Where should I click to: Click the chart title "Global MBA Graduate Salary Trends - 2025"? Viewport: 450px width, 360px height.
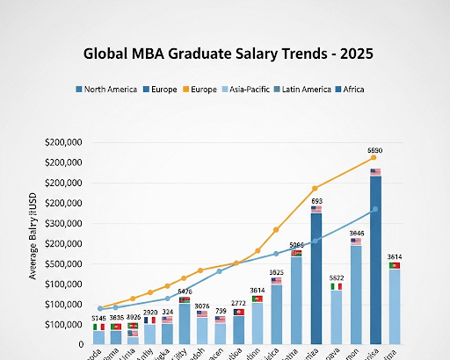click(228, 54)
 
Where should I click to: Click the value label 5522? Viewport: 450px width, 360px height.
click(336, 277)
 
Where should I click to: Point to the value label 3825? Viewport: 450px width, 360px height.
click(276, 272)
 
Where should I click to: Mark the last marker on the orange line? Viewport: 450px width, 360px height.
click(374, 157)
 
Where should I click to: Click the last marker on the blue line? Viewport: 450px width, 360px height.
click(375, 209)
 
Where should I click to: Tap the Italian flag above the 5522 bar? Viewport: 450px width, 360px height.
click(336, 286)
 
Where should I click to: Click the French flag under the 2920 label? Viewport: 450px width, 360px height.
click(149, 320)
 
